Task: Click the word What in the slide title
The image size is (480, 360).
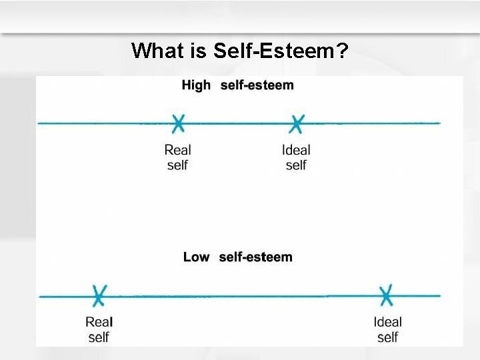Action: [158, 51]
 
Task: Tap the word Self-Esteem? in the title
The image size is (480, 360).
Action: [281, 51]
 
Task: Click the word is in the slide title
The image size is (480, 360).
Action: [199, 51]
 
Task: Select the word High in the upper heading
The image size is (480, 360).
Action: [196, 85]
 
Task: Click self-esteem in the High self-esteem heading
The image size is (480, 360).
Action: [257, 85]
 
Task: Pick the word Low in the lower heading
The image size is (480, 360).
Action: [196, 257]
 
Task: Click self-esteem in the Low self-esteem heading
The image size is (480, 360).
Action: [255, 257]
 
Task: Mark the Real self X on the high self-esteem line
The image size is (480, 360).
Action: [178, 123]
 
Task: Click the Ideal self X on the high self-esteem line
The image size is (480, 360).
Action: [297, 123]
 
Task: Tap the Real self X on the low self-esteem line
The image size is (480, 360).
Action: [99, 295]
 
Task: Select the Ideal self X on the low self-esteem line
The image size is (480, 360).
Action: [386, 295]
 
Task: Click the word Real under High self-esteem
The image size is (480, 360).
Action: [178, 150]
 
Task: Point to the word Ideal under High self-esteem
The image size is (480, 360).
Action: [296, 150]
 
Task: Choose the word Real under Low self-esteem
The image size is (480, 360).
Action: [99, 322]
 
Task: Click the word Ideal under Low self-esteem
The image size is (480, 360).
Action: [387, 322]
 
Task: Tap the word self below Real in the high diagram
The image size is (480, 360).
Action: [177, 165]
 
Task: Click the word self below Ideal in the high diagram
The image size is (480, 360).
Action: [296, 165]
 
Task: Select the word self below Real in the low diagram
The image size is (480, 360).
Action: [99, 337]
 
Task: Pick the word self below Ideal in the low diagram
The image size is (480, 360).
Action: [387, 337]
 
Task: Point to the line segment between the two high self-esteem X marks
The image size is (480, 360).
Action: [237, 123]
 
